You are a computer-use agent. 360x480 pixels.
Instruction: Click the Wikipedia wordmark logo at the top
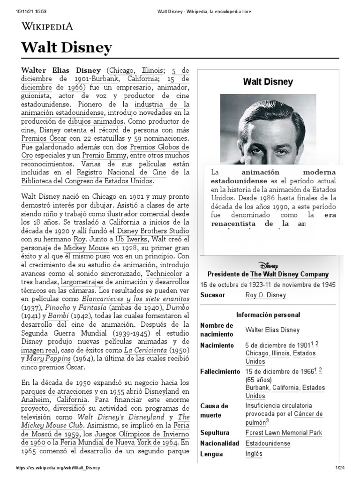[x=47, y=26]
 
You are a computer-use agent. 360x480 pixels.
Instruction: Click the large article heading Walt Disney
[x=67, y=47]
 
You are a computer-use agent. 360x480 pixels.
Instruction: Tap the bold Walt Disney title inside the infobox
[x=268, y=82]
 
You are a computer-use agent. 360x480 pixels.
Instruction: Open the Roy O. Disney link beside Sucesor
[x=265, y=295]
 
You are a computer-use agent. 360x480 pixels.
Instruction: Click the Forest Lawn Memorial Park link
[x=284, y=433]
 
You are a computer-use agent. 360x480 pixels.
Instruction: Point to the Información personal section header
[x=268, y=315]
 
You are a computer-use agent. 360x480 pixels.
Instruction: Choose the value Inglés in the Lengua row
[x=254, y=454]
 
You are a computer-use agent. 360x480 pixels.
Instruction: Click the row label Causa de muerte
[x=214, y=410]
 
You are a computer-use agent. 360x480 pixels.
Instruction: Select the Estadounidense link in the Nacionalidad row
[x=268, y=443]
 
